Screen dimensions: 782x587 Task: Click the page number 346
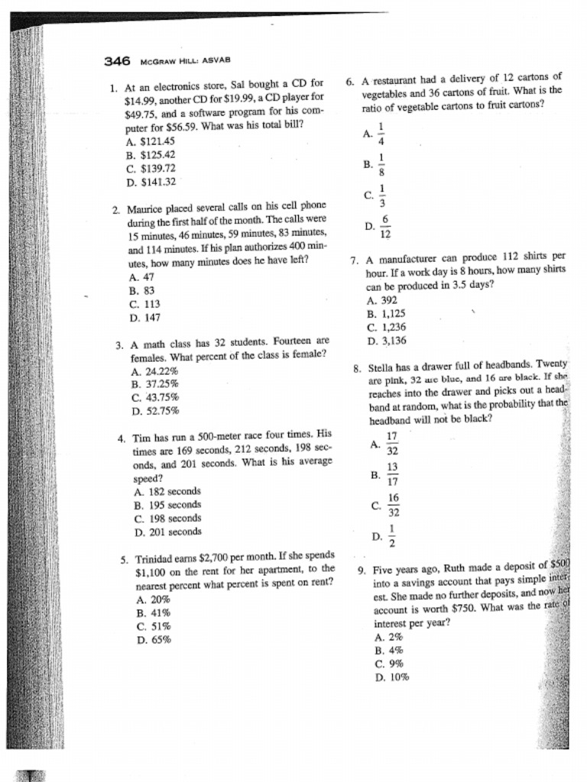coord(118,60)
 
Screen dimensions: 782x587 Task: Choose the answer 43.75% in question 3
coord(155,397)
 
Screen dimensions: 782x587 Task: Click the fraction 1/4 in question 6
coord(381,134)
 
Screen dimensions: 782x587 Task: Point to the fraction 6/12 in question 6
coord(385,227)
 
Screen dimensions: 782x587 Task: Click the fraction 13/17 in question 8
coord(392,474)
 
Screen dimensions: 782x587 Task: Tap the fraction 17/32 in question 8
coord(392,444)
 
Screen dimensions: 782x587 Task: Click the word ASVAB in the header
coord(216,60)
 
